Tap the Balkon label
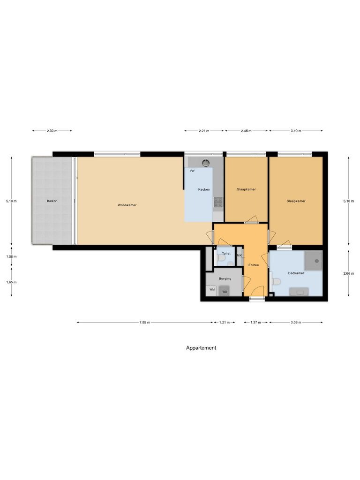click(52, 201)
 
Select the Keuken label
click(204, 189)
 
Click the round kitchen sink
click(205, 163)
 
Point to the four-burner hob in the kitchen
click(218, 202)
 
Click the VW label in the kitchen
click(192, 171)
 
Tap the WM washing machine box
click(212, 290)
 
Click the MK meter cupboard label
click(239, 255)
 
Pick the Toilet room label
click(226, 254)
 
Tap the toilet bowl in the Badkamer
click(276, 282)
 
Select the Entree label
click(254, 265)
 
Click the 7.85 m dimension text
click(145, 322)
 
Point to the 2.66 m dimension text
click(349, 273)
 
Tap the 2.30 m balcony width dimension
click(52, 131)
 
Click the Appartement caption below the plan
click(201, 348)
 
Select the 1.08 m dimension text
click(12, 256)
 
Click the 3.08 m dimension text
click(296, 322)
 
